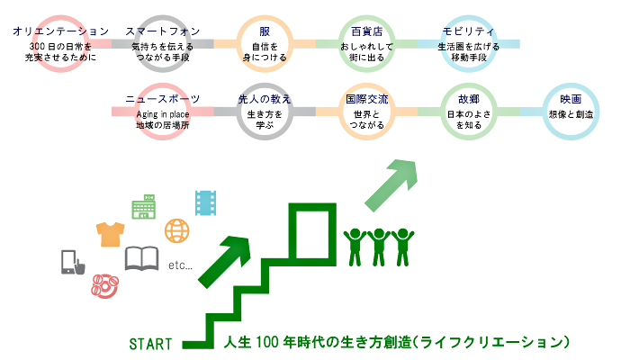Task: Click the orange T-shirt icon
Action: click(110, 234)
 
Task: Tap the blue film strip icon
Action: click(206, 202)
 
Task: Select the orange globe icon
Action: click(176, 230)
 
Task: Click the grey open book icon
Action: click(141, 258)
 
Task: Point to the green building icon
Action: click(143, 206)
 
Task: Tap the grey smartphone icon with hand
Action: click(73, 263)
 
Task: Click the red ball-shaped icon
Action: click(105, 285)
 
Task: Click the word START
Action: click(150, 344)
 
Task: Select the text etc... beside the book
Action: click(180, 265)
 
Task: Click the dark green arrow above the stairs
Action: click(225, 261)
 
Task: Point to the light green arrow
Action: click(391, 185)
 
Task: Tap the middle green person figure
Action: click(379, 247)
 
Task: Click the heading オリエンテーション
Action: click(60, 31)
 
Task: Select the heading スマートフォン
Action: click(163, 31)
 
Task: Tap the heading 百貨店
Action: click(367, 31)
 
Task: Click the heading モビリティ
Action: click(469, 31)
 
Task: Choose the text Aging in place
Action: click(163, 114)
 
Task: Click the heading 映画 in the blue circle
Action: click(571, 99)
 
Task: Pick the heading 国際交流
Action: click(367, 99)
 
